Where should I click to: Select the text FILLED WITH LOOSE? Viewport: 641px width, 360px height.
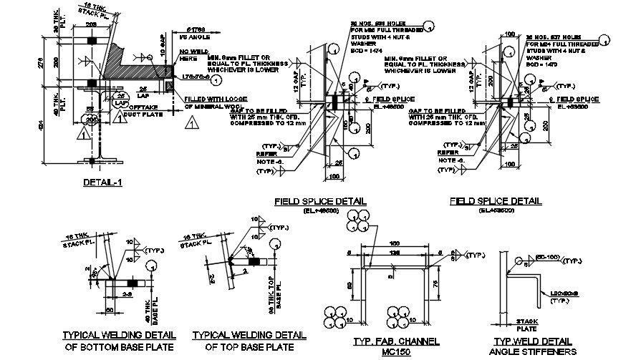(x=214, y=99)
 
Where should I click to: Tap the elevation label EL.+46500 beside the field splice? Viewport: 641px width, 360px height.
(x=392, y=105)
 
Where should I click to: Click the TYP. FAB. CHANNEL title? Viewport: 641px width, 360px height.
(x=388, y=342)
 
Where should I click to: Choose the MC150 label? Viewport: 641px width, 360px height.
(x=388, y=353)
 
